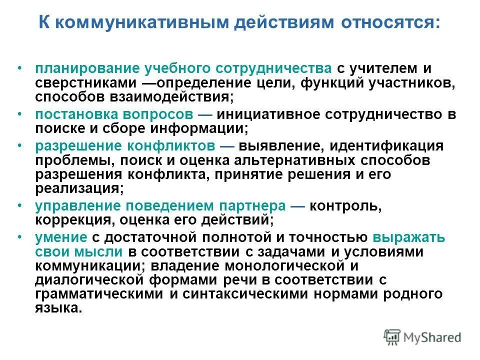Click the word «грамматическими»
[99, 294]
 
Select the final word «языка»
[57, 308]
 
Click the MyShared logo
[422, 337]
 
